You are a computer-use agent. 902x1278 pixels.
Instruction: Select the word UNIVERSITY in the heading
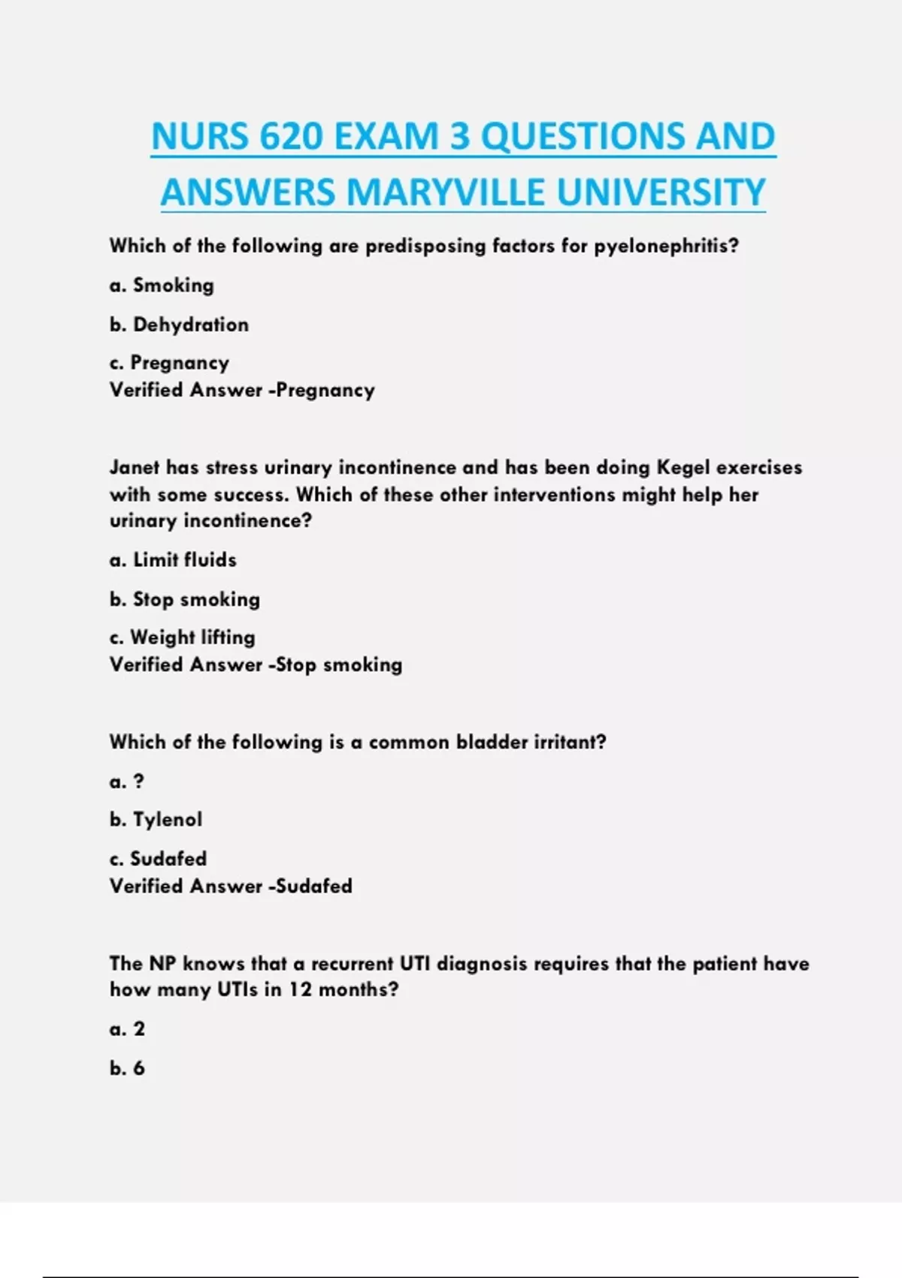pyautogui.click(x=661, y=192)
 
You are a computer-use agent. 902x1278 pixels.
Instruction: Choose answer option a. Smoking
pyautogui.click(x=162, y=286)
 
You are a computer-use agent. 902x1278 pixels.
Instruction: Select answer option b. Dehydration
pyautogui.click(x=179, y=325)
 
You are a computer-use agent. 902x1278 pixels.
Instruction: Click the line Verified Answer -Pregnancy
pyautogui.click(x=242, y=390)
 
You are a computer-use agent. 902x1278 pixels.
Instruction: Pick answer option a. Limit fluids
pyautogui.click(x=173, y=560)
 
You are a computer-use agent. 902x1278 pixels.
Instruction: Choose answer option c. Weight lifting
pyautogui.click(x=182, y=637)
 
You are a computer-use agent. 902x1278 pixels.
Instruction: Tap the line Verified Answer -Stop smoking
pyautogui.click(x=256, y=665)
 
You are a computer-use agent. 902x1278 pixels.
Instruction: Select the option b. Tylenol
pyautogui.click(x=156, y=819)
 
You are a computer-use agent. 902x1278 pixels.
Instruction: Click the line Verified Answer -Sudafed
pyautogui.click(x=231, y=886)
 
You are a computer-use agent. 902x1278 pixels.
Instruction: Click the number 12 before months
pyautogui.click(x=300, y=989)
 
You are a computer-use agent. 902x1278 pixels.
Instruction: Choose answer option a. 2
pyautogui.click(x=127, y=1029)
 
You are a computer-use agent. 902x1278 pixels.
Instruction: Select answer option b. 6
pyautogui.click(x=127, y=1068)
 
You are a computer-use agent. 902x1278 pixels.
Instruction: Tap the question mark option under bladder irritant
pyautogui.click(x=138, y=782)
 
